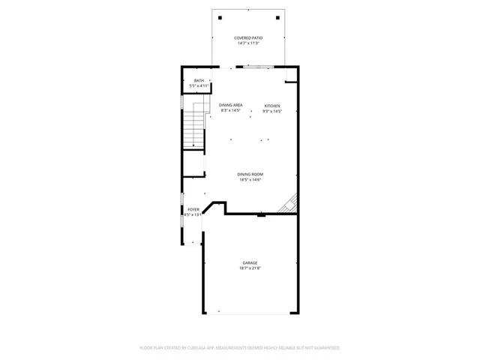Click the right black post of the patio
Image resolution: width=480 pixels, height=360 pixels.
pyautogui.click(x=277, y=16)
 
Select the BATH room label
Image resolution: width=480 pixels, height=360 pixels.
pyautogui.click(x=199, y=81)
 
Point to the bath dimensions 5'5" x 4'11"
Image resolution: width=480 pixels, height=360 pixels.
pyautogui.click(x=199, y=87)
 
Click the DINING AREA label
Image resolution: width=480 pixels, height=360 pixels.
pyautogui.click(x=230, y=105)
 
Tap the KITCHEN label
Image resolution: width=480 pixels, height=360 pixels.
pyautogui.click(x=271, y=106)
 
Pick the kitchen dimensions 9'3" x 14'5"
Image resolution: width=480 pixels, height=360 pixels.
pyautogui.click(x=271, y=112)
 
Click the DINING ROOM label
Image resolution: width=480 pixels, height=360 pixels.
pyautogui.click(x=250, y=174)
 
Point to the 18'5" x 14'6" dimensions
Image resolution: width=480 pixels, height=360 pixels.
pyautogui.click(x=250, y=180)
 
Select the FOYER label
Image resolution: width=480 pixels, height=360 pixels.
pyautogui.click(x=193, y=209)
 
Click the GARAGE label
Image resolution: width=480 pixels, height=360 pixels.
pyautogui.click(x=250, y=262)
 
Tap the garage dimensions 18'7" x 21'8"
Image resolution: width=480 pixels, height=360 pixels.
pyautogui.click(x=250, y=268)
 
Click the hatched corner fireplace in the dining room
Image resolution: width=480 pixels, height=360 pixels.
pyautogui.click(x=289, y=204)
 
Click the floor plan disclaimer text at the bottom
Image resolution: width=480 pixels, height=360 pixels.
pyautogui.click(x=240, y=348)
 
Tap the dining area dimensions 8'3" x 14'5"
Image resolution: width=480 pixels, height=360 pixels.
pyautogui.click(x=230, y=111)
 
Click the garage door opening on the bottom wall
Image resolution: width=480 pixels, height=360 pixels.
pyautogui.click(x=250, y=313)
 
